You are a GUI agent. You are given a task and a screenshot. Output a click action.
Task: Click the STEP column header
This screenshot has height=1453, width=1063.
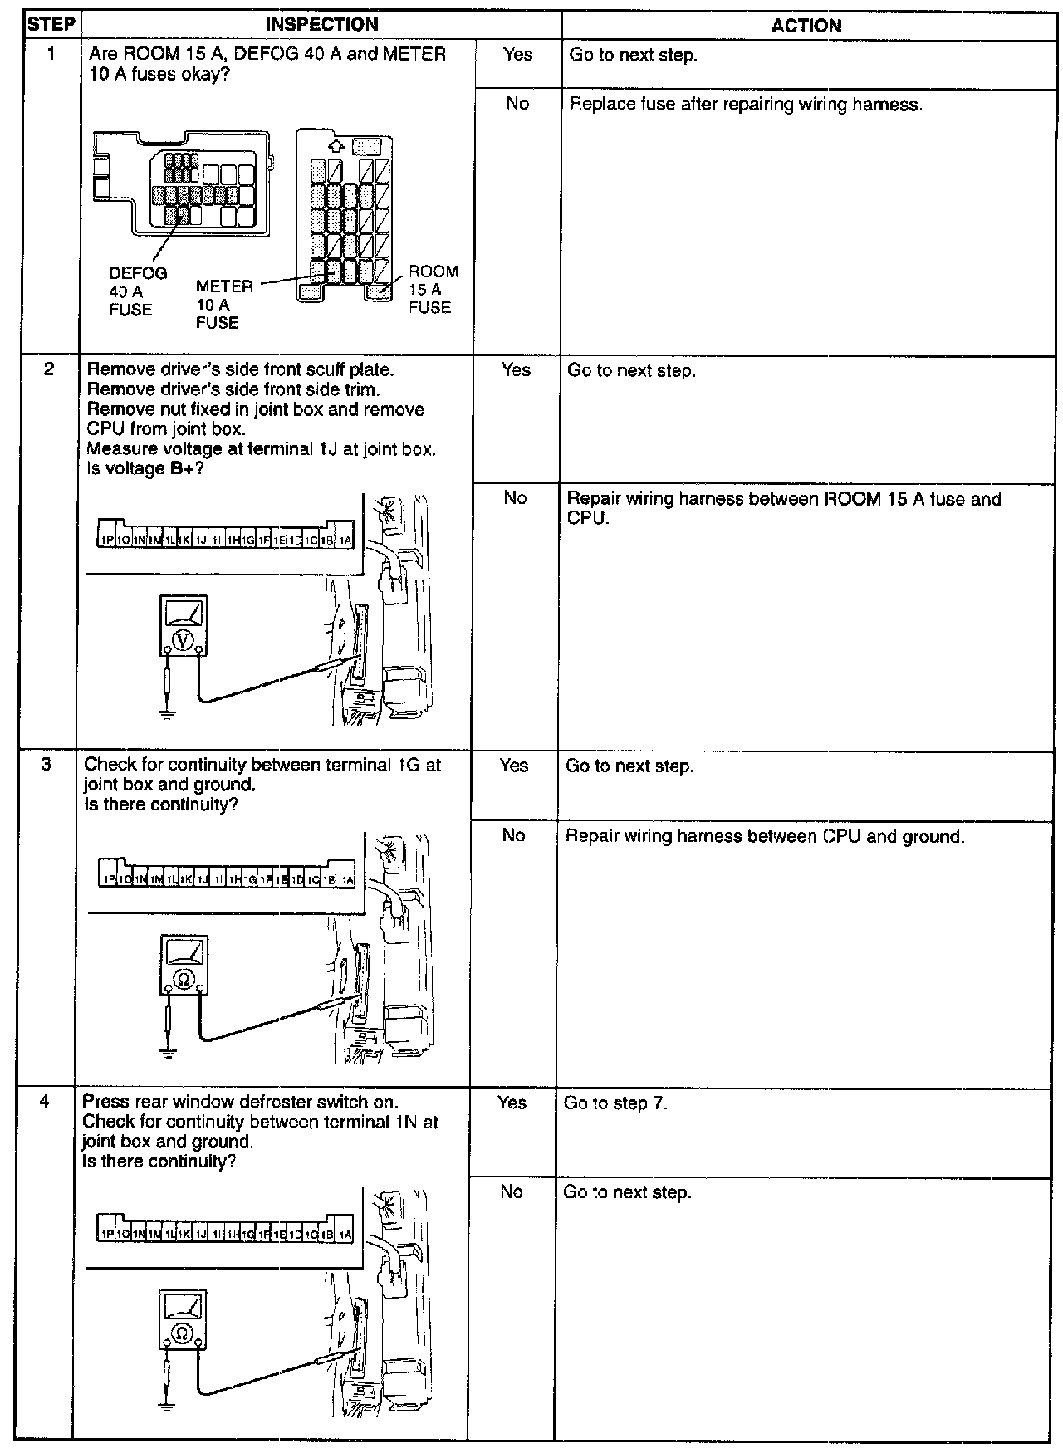(x=51, y=24)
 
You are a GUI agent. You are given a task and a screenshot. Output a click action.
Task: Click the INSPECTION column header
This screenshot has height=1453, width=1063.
(x=321, y=25)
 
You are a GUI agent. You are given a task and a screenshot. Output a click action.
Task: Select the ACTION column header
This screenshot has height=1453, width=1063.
(x=806, y=26)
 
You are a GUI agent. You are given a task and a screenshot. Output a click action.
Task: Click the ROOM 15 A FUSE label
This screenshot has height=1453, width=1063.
(x=432, y=289)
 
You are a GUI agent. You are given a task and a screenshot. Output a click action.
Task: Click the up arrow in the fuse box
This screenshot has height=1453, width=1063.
(x=336, y=146)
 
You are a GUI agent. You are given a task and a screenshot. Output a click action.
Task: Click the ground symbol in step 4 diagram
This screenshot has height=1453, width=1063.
(x=166, y=1405)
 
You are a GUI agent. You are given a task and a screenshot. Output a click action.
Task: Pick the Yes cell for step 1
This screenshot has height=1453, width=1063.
(x=517, y=55)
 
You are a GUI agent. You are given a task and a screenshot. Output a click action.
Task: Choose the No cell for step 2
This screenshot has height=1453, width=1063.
(x=515, y=498)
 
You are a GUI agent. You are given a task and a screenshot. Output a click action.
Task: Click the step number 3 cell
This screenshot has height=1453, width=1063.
(x=47, y=765)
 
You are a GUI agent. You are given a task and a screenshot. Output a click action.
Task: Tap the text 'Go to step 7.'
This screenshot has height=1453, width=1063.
(x=615, y=1103)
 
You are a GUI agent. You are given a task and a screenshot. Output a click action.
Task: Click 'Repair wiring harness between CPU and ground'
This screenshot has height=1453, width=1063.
(x=764, y=836)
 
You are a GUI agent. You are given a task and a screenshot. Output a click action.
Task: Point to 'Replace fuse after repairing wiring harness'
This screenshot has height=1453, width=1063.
(x=746, y=105)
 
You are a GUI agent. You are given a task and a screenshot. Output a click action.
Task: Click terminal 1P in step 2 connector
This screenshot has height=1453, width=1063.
(x=106, y=540)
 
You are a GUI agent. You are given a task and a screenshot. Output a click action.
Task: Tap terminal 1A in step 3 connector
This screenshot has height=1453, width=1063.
(x=346, y=879)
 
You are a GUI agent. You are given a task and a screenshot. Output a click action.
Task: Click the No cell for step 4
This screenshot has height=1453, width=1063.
(x=512, y=1192)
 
